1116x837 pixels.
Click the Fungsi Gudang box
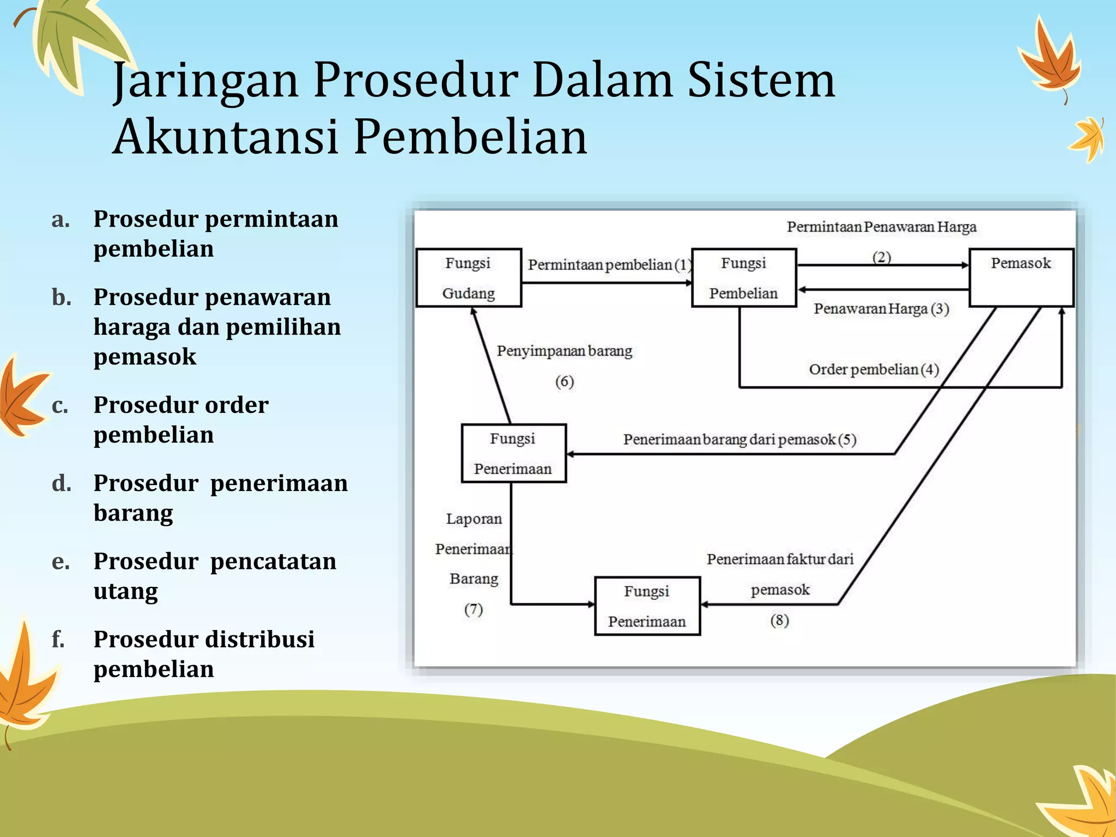click(469, 278)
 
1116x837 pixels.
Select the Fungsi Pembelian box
click(744, 278)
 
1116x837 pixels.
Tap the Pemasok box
click(1021, 278)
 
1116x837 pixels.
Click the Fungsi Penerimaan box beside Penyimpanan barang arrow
click(513, 453)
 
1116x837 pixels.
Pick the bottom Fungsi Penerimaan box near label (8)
click(647, 606)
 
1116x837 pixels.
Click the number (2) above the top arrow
click(882, 257)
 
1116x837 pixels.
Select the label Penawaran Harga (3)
click(881, 309)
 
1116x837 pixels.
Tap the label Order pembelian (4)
click(874, 369)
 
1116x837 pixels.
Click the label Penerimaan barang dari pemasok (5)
click(739, 439)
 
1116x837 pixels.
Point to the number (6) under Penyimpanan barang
click(565, 381)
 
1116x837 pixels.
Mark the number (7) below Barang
click(474, 609)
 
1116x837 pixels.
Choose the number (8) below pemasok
click(780, 620)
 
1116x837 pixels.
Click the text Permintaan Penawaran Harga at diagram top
click(881, 227)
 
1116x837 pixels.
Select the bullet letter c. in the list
click(60, 406)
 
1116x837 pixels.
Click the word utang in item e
click(126, 591)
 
